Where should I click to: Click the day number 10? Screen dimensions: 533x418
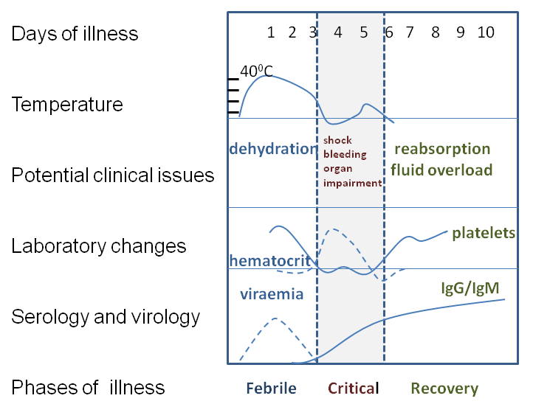[486, 32]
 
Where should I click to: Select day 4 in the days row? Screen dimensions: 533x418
[337, 32]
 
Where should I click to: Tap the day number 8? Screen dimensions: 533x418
[436, 32]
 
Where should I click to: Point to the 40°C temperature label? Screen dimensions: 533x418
[256, 71]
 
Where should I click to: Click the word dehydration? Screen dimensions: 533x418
[273, 149]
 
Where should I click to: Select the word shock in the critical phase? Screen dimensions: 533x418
[337, 140]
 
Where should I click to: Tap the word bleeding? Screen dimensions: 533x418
[345, 154]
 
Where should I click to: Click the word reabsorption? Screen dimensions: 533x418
[442, 150]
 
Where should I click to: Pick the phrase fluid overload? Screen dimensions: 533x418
[441, 170]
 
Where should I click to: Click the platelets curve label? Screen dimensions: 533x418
[484, 233]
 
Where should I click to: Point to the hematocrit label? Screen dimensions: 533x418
[270, 261]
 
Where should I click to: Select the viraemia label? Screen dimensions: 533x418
[272, 294]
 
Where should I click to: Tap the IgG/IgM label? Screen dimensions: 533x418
[470, 288]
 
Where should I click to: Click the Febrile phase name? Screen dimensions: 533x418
[271, 388]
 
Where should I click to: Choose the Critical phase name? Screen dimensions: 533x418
[353, 388]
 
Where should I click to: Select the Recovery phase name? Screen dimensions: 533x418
[444, 389]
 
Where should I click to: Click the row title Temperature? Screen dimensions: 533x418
[67, 104]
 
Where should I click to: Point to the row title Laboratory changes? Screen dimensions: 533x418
[99, 245]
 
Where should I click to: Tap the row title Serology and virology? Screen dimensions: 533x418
[106, 317]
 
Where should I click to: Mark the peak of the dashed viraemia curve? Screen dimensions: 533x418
[275, 318]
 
